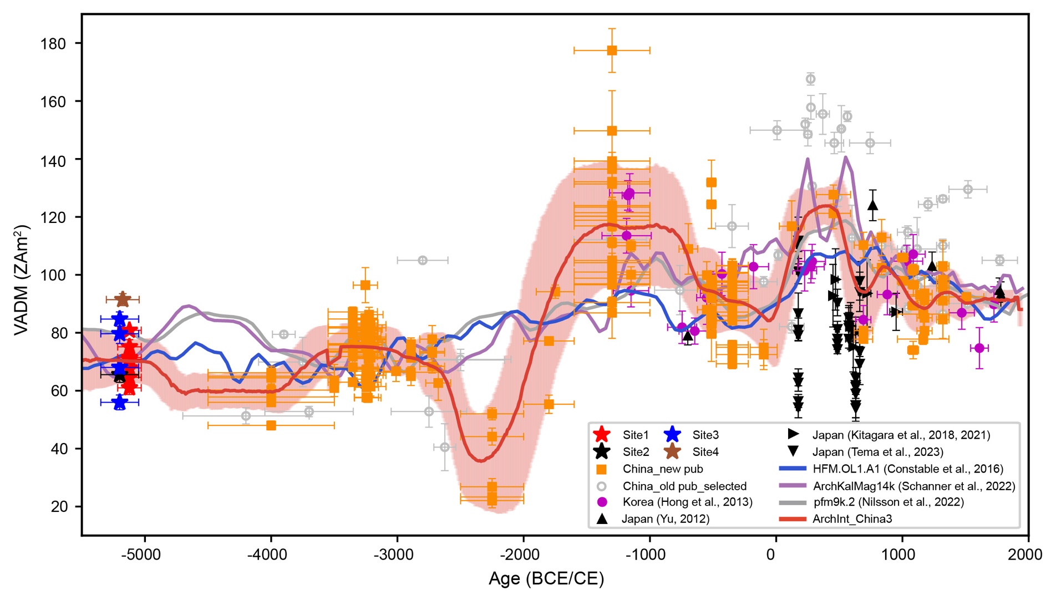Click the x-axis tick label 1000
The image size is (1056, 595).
click(898, 555)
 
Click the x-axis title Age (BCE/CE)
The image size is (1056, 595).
click(546, 579)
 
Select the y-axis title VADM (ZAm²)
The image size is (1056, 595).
click(22, 280)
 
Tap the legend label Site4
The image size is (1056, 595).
click(705, 452)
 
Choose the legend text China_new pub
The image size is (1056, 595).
click(663, 469)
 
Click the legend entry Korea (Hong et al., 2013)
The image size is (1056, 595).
click(687, 502)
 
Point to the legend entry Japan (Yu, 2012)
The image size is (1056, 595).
click(666, 519)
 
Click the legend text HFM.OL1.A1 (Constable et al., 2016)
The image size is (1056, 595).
click(908, 469)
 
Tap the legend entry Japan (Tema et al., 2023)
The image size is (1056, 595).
click(878, 452)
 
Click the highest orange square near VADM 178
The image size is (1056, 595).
click(612, 50)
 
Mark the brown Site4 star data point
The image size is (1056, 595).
click(123, 299)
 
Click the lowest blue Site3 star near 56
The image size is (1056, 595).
click(119, 403)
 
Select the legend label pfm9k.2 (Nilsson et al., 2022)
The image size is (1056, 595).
click(889, 502)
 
